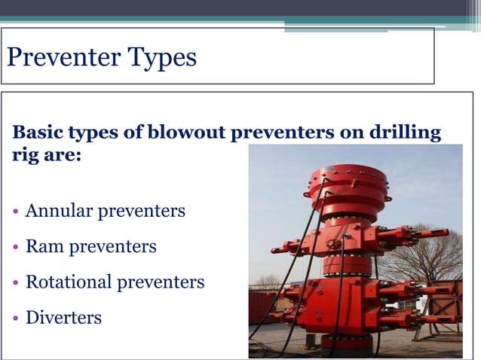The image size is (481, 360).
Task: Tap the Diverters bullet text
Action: click(x=63, y=317)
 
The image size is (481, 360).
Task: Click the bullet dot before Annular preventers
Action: click(x=17, y=211)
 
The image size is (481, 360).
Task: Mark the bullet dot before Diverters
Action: click(x=17, y=318)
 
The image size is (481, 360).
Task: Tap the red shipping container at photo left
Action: click(x=263, y=306)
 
